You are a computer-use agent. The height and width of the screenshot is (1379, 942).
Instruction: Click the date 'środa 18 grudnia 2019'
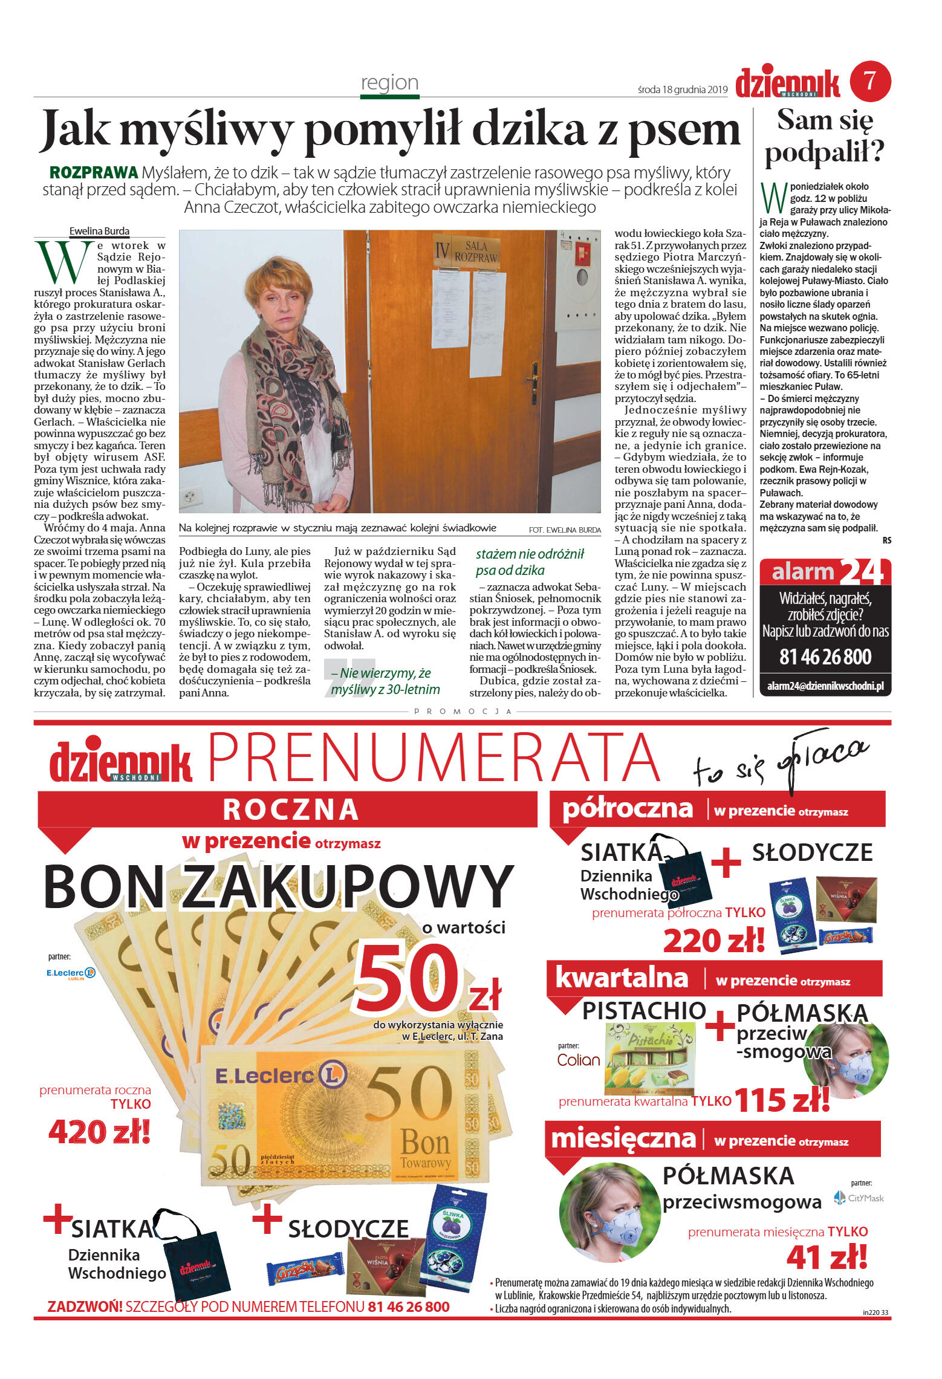pyautogui.click(x=682, y=89)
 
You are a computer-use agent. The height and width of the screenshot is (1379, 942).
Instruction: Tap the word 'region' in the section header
pyautogui.click(x=389, y=82)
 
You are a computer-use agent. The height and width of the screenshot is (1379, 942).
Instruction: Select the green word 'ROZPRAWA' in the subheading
pyautogui.click(x=94, y=173)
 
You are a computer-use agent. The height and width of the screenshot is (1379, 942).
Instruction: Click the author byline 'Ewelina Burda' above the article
pyautogui.click(x=99, y=231)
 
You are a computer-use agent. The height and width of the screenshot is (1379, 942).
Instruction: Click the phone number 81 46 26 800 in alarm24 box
pyautogui.click(x=825, y=657)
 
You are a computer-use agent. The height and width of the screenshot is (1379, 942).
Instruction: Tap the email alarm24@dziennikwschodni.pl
pyautogui.click(x=825, y=686)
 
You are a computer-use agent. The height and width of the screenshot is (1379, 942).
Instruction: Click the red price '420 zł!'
pyautogui.click(x=99, y=1132)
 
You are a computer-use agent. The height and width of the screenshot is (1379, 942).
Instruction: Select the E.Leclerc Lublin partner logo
pyautogui.click(x=71, y=973)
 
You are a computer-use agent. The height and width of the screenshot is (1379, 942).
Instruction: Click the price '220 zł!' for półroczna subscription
pyautogui.click(x=713, y=941)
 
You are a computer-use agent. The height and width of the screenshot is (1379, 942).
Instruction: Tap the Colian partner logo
pyautogui.click(x=578, y=1060)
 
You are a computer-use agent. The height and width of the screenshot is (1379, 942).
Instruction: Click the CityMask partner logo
pyautogui.click(x=859, y=1198)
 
